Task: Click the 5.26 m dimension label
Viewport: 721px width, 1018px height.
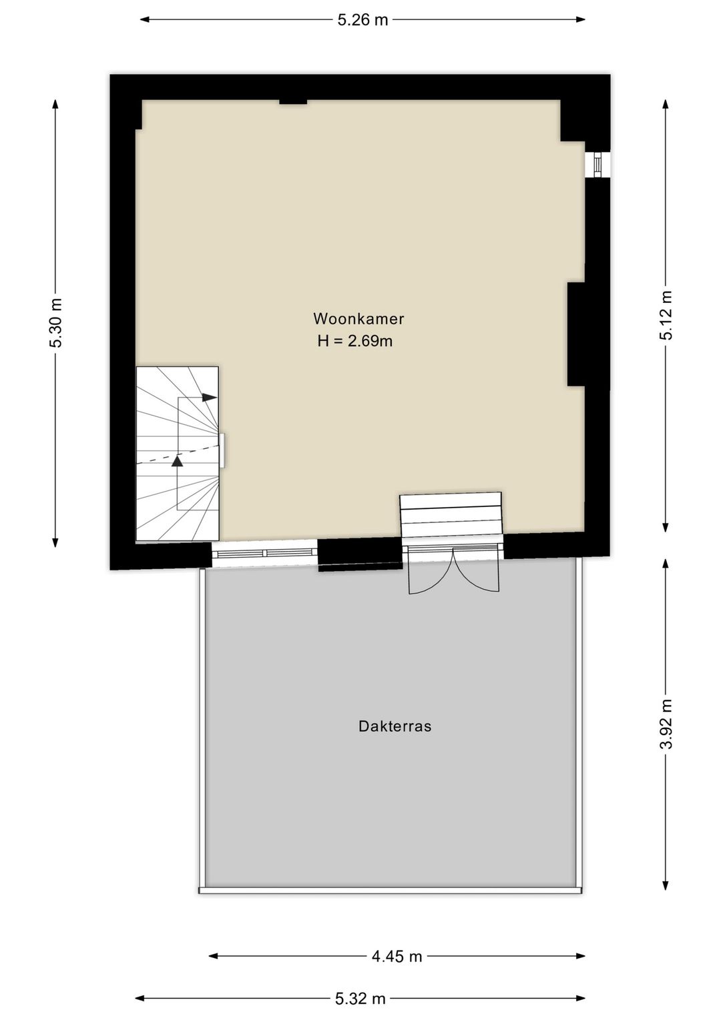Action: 363,19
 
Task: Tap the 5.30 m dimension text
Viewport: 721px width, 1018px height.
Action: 56,323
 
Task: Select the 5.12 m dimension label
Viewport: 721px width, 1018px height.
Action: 666,316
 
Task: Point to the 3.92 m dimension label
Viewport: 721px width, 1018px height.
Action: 666,724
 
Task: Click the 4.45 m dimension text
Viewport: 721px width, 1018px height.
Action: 397,956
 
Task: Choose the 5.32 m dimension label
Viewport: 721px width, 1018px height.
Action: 360,999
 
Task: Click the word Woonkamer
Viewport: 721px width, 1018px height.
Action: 358,319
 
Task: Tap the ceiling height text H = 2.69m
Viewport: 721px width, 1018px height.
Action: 354,342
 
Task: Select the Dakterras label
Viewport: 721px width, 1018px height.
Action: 395,726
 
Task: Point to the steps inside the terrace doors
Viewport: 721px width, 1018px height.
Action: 451,514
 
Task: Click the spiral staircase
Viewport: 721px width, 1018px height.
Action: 177,454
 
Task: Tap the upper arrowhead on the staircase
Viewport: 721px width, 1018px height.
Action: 210,398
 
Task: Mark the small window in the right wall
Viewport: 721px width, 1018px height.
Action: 597,164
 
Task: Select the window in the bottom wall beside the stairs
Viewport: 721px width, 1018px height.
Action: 264,552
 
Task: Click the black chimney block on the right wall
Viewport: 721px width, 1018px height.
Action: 576,334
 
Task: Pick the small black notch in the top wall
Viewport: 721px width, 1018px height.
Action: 292,101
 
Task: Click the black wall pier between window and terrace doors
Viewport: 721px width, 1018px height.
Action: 359,553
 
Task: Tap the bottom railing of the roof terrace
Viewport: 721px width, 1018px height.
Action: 391,890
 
